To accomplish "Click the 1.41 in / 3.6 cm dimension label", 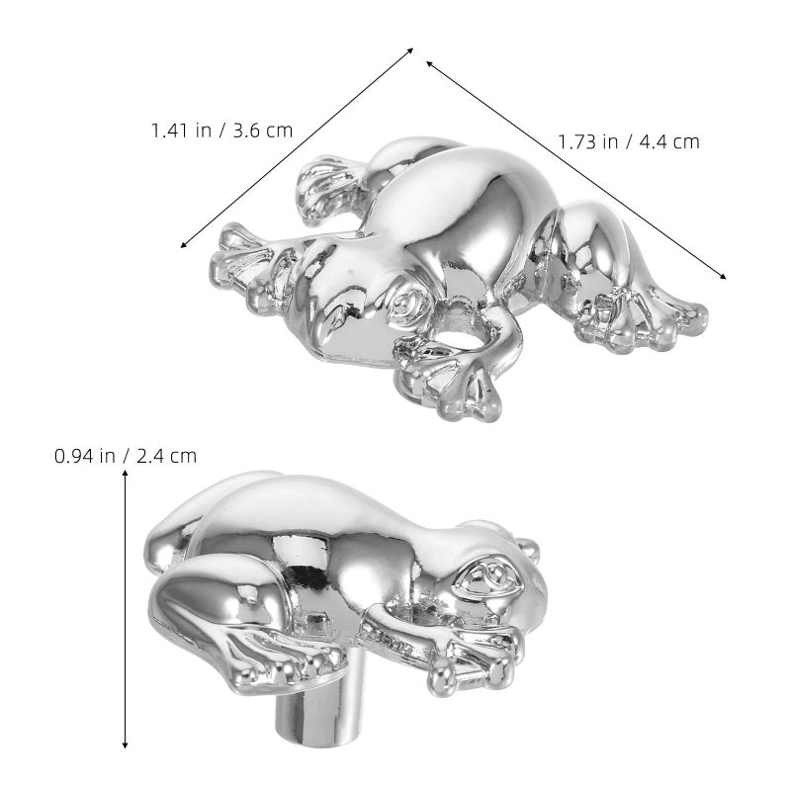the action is coord(221,131).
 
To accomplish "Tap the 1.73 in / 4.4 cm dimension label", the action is coord(629,141).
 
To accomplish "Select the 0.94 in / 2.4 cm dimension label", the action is coord(126,456).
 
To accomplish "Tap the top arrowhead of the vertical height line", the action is coord(126,474).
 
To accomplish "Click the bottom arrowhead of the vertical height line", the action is coord(126,745).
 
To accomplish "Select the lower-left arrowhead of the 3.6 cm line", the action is coord(184,244).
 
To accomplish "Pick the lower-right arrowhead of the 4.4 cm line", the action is coord(723,276).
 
